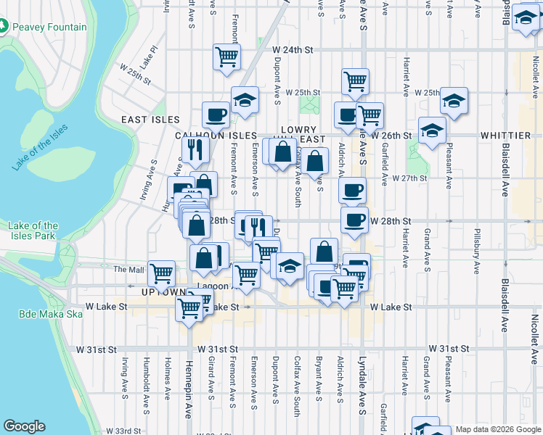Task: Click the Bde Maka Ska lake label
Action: pyautogui.click(x=41, y=314)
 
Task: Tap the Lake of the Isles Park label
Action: pyautogui.click(x=33, y=231)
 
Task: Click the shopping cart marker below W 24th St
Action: pyautogui.click(x=227, y=56)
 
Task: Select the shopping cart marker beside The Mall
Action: pyautogui.click(x=161, y=273)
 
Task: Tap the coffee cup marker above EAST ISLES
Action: pyautogui.click(x=216, y=115)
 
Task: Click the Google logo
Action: pyautogui.click(x=24, y=426)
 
